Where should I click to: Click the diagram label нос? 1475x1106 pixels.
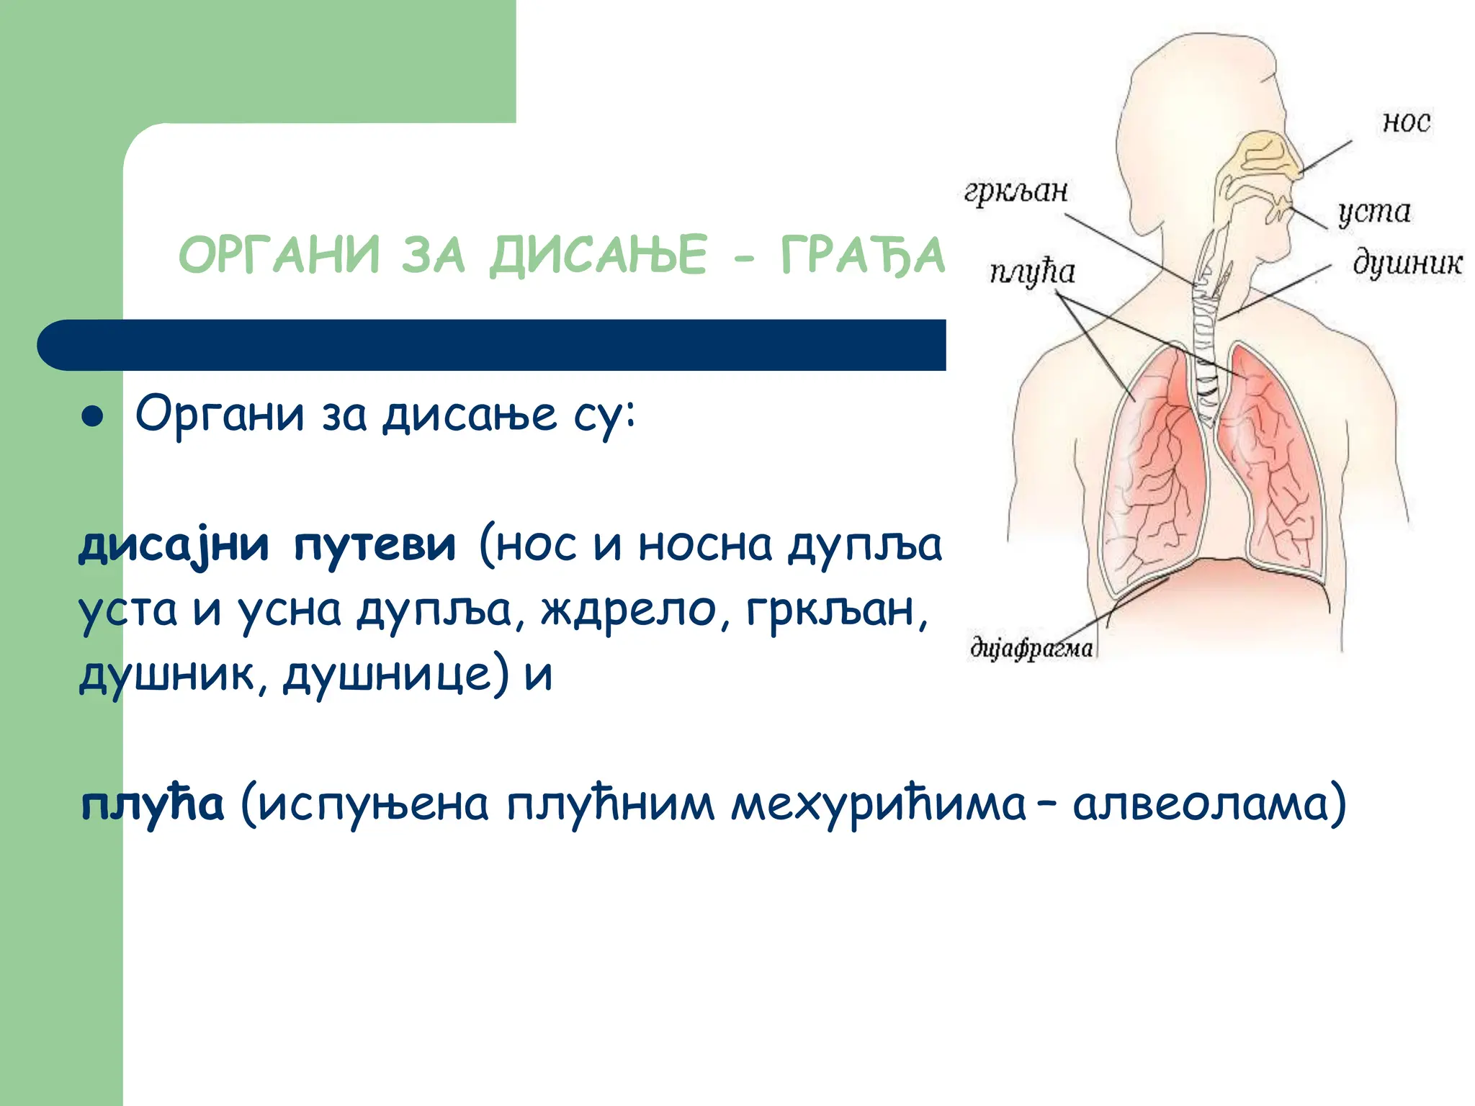pyautogui.click(x=1406, y=122)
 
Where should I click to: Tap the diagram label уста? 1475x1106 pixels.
pyautogui.click(x=1373, y=212)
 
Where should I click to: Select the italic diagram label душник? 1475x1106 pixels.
pyautogui.click(x=1407, y=264)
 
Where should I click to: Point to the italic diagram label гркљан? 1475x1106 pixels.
pyautogui.click(x=1016, y=192)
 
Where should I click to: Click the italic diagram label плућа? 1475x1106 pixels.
pyautogui.click(x=1031, y=273)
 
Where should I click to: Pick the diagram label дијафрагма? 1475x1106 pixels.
pyautogui.click(x=1031, y=648)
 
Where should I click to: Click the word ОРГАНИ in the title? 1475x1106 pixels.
pyautogui.click(x=279, y=256)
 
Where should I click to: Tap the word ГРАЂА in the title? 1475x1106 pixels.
pyautogui.click(x=862, y=256)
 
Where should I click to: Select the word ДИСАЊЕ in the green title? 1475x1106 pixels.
pyautogui.click(x=598, y=256)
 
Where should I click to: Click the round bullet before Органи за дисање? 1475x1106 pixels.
pyautogui.click(x=93, y=417)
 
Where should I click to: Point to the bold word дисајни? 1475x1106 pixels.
pyautogui.click(x=174, y=545)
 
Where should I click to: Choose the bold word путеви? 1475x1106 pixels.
pyautogui.click(x=375, y=545)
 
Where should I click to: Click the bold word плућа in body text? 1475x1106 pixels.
pyautogui.click(x=152, y=804)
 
